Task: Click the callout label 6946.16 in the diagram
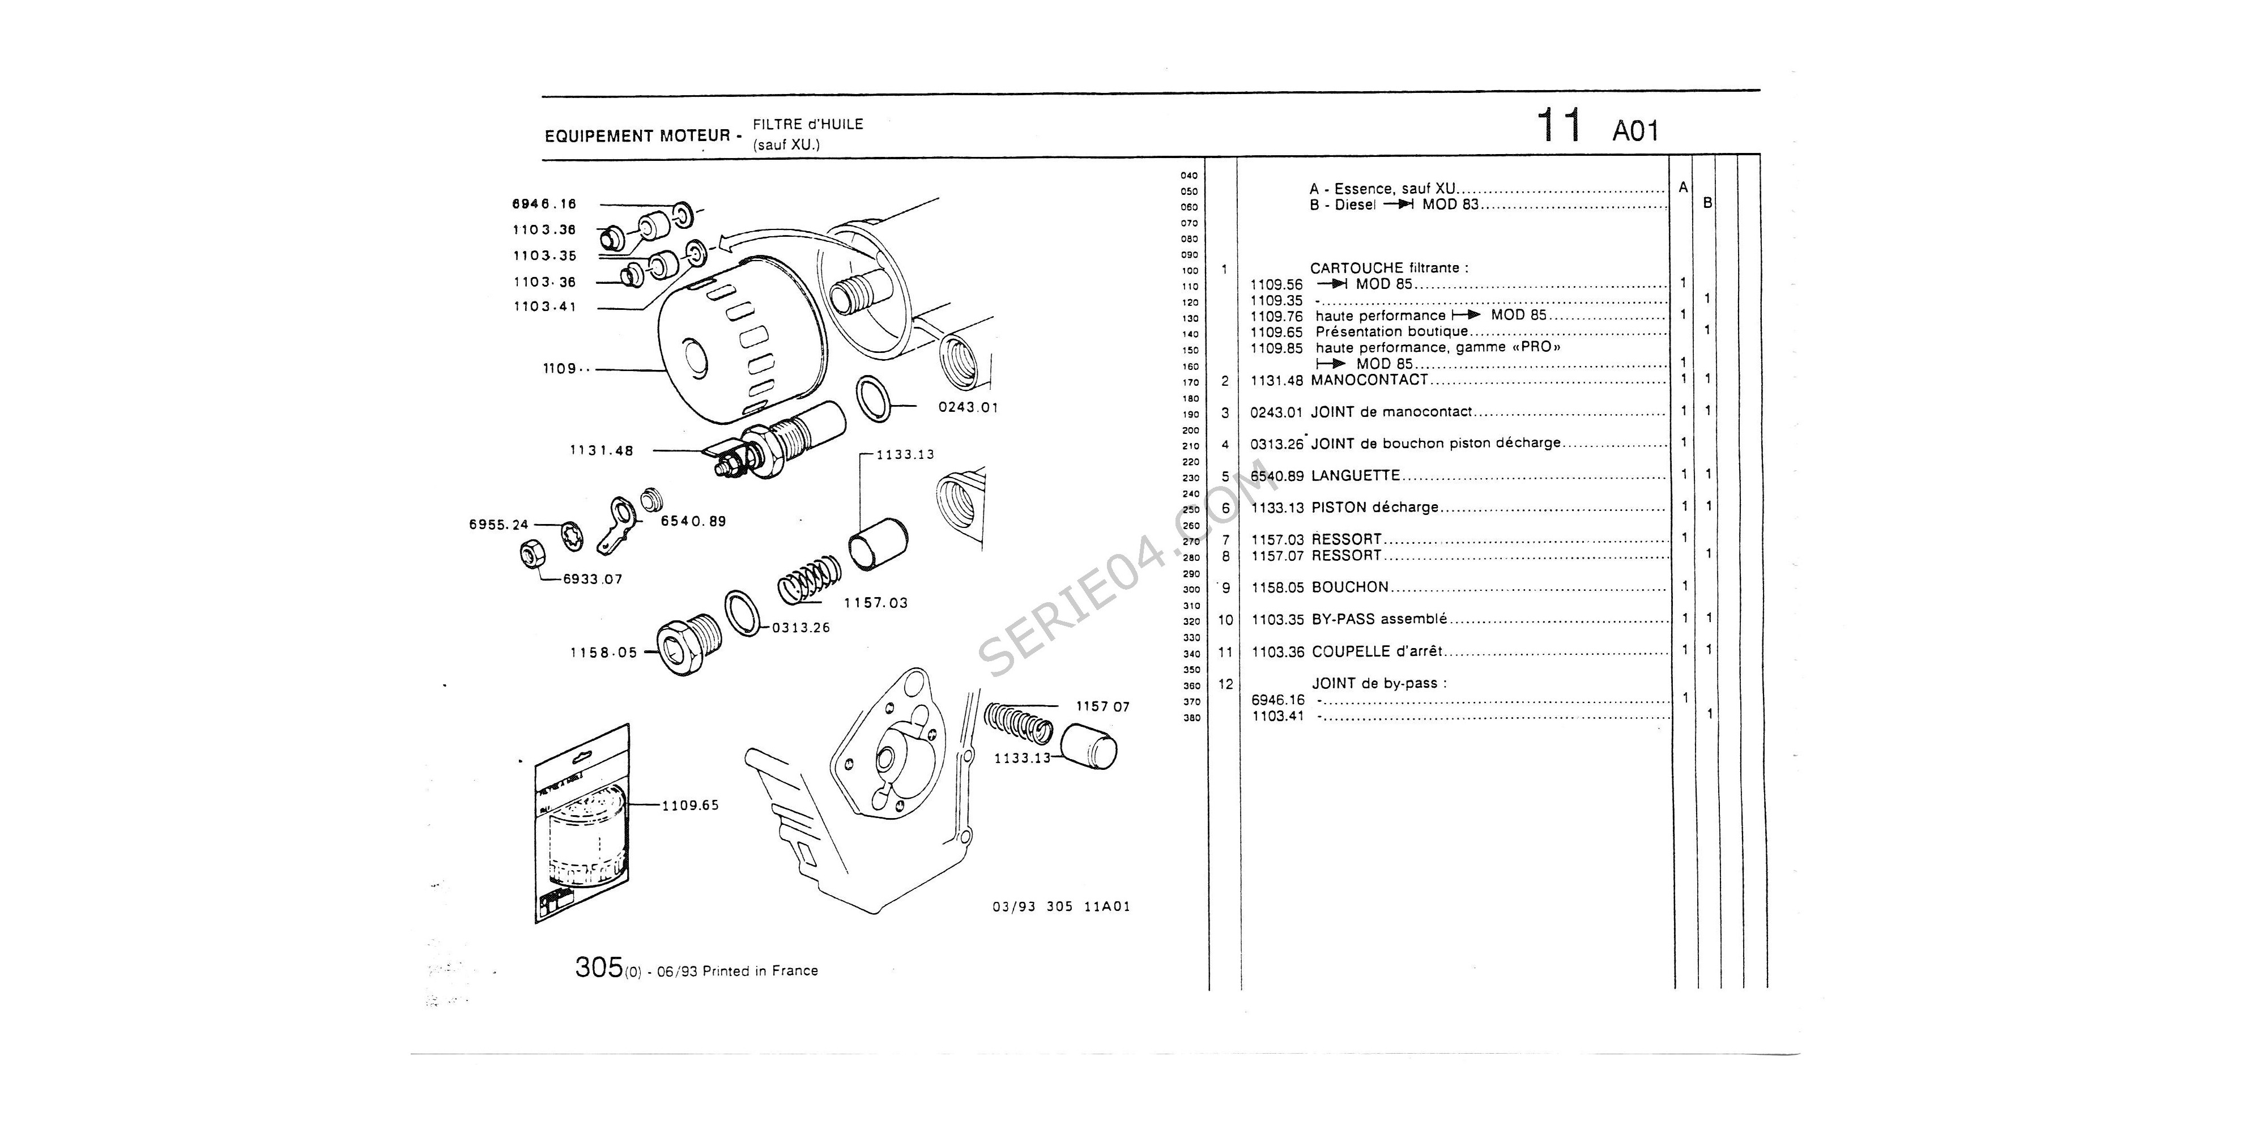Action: coord(544,204)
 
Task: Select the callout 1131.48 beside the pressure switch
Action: coord(602,450)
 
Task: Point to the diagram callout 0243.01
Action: coord(968,407)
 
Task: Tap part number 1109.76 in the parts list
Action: coord(1276,316)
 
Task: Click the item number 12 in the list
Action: coord(1225,684)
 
